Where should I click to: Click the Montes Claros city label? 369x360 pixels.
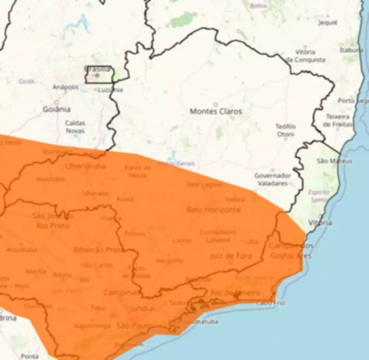click(215, 112)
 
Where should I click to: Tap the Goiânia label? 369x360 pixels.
click(56, 109)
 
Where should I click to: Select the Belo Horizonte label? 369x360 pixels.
click(213, 210)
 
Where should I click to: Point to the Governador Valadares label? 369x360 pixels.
click(272, 179)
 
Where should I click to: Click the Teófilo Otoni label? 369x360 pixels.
click(286, 130)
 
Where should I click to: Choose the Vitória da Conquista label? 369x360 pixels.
click(305, 56)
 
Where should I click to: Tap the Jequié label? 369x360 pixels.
click(328, 22)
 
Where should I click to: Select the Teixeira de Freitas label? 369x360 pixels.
click(339, 120)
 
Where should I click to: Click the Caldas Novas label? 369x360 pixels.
click(75, 127)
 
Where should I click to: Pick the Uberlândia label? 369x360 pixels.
click(85, 166)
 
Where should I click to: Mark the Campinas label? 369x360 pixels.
click(121, 292)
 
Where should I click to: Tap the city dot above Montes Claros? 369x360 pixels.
click(215, 104)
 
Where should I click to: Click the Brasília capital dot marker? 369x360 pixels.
click(97, 75)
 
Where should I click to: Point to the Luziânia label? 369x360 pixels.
click(110, 90)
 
